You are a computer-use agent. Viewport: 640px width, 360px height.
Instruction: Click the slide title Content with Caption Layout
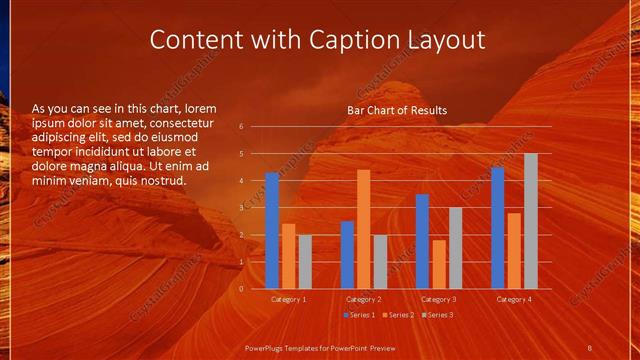(x=317, y=40)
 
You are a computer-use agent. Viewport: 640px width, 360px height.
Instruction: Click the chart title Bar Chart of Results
(x=397, y=110)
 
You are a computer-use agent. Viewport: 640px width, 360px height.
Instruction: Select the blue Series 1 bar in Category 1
(x=272, y=230)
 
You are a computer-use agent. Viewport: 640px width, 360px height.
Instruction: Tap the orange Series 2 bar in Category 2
(x=363, y=229)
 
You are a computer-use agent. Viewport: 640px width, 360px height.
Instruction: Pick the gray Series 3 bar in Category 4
(x=531, y=221)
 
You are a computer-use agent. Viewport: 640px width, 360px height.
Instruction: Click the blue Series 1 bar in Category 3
(x=422, y=241)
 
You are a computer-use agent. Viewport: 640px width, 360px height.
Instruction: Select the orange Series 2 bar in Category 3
(x=439, y=264)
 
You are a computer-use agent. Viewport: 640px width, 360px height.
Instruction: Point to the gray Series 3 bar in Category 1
(x=305, y=262)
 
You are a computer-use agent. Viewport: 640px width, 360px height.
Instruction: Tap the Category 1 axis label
(x=289, y=299)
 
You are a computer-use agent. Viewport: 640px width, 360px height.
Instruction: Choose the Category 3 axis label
(x=438, y=299)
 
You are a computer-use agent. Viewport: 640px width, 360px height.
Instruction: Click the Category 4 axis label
(x=513, y=299)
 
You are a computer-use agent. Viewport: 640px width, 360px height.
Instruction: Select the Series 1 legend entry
(x=360, y=315)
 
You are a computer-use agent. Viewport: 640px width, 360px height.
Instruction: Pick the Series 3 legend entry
(x=438, y=315)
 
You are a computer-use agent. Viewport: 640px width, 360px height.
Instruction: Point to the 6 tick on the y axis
(x=241, y=127)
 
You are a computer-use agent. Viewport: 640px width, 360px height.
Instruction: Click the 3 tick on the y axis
(x=241, y=208)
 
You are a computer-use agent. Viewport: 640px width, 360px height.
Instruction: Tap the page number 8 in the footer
(x=589, y=346)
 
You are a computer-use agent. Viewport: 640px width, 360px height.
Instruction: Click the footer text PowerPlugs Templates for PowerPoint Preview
(x=317, y=346)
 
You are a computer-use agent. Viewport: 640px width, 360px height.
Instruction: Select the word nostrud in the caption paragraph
(x=162, y=181)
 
